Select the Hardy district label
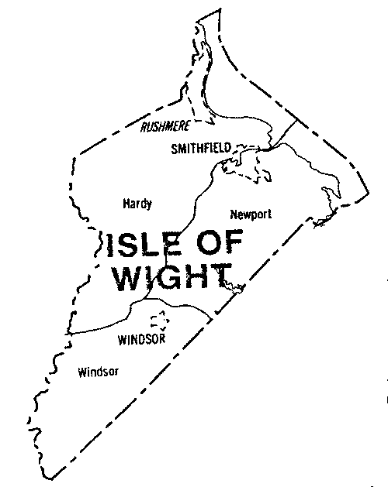point(137,204)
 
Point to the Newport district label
point(248,213)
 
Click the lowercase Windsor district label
point(99,372)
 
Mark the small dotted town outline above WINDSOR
point(159,320)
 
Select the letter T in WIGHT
point(220,277)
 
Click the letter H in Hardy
point(126,204)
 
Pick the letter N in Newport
point(234,213)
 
